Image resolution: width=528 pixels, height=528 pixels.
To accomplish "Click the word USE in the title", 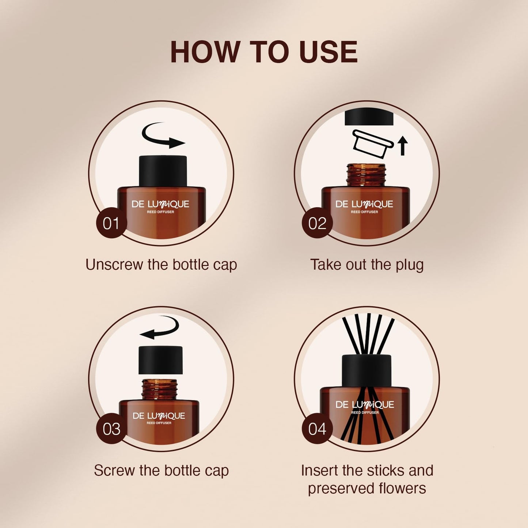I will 328,52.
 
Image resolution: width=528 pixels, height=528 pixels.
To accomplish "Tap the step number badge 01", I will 111,223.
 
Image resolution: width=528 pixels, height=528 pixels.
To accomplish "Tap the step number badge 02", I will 317,223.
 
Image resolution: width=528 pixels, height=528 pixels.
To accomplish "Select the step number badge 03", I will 111,429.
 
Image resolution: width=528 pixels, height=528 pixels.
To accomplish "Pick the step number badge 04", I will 317,429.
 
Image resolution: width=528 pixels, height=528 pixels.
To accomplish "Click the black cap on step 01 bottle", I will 163,171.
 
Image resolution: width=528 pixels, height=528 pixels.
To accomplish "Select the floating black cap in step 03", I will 160,360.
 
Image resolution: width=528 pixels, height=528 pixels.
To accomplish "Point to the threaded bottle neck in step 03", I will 159,390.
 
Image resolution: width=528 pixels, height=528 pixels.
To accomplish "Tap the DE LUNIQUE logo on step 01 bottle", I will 160,204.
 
